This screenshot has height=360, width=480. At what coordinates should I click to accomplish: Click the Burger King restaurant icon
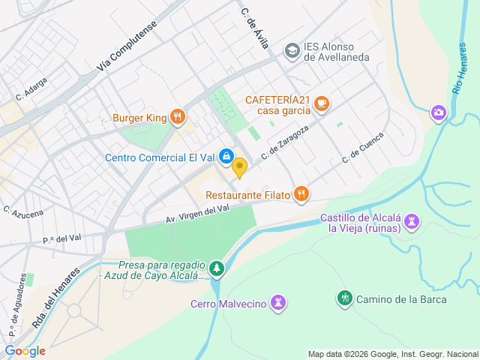[178, 116]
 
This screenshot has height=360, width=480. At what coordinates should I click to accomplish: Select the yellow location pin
[239, 168]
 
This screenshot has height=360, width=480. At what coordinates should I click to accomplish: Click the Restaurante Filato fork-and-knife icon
[301, 194]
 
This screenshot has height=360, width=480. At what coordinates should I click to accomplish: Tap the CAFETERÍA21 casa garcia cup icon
[322, 104]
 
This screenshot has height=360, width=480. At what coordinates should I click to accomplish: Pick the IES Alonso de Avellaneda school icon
[292, 50]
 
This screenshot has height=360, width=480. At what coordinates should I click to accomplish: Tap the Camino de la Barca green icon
[344, 298]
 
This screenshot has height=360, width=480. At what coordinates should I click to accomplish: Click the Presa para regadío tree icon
[217, 268]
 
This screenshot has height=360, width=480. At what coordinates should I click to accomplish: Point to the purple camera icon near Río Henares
[438, 112]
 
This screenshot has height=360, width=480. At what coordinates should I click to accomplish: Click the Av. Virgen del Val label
[198, 214]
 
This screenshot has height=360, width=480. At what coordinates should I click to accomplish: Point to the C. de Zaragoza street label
[285, 142]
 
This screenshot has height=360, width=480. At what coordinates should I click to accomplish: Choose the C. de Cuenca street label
[363, 148]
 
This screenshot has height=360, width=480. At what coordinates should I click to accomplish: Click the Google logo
[25, 350]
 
